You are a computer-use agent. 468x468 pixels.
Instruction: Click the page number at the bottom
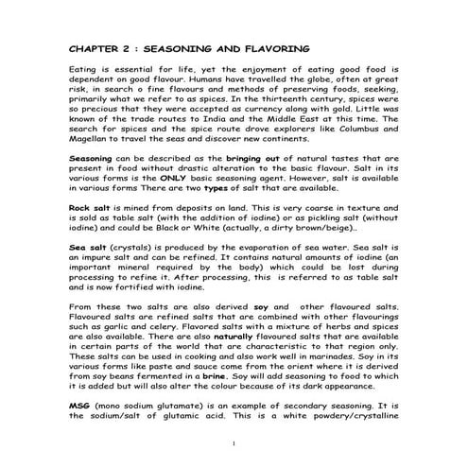tap(234, 442)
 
